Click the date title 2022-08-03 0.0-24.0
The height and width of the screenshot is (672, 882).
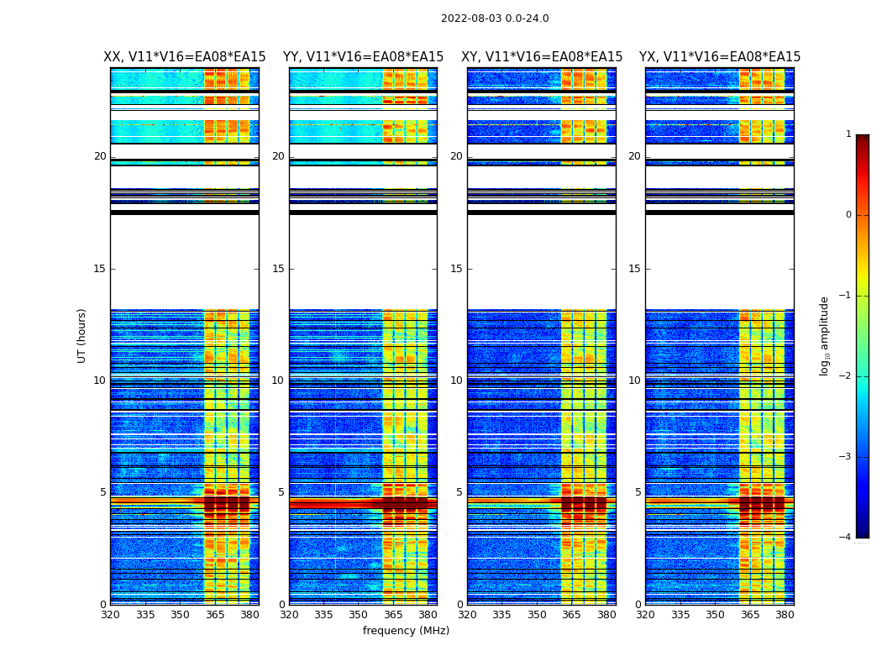[495, 18]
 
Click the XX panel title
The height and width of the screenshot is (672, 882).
[185, 57]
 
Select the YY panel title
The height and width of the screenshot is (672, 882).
[363, 57]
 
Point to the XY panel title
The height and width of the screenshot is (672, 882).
[542, 57]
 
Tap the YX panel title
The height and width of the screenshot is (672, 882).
[720, 57]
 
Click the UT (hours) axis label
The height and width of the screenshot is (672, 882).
[82, 335]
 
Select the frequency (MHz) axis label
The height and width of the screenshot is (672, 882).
[406, 631]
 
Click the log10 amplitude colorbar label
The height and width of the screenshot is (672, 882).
[825, 335]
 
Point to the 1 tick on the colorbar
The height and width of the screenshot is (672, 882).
[848, 134]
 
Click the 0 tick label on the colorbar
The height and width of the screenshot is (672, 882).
[848, 215]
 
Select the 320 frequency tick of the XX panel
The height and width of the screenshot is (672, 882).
[110, 615]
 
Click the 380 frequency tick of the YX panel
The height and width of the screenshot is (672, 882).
[785, 615]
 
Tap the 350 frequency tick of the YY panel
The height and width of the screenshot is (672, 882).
[359, 615]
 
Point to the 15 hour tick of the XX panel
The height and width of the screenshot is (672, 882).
[100, 269]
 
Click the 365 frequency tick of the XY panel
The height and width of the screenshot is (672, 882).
[571, 615]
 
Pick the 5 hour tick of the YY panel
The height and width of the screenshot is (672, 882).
[281, 492]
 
